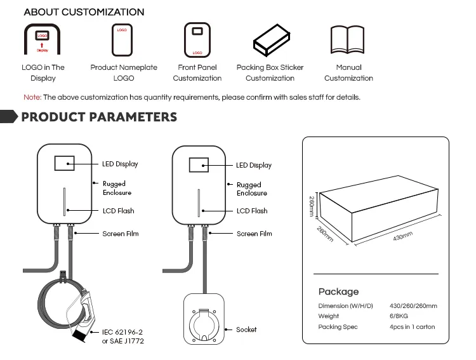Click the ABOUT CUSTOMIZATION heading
[84, 12]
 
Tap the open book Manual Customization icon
[347, 40]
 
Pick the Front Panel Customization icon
[197, 40]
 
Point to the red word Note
[32, 97]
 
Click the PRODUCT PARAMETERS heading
[99, 117]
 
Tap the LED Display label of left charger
[120, 164]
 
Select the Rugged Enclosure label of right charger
[249, 189]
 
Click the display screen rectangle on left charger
[65, 164]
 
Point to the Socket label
[246, 330]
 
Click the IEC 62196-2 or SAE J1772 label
[122, 336]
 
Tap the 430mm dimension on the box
[402, 237]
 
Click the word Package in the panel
[338, 291]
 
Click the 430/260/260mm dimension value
[413, 306]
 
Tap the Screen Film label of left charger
[121, 234]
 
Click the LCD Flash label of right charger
[252, 211]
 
